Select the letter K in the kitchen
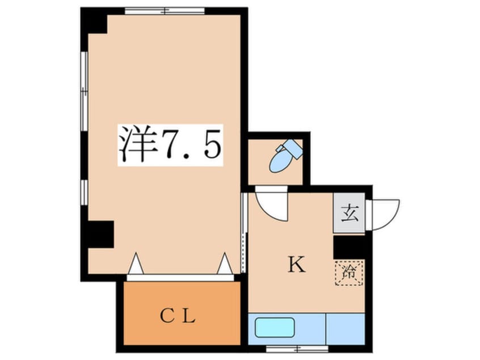coord(295,265)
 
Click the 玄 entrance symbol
coord(349,215)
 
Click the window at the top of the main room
coord(165,10)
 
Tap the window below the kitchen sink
coord(297,348)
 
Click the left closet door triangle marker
coord(136,263)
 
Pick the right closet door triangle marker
coord(225,263)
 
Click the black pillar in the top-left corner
coord(94,22)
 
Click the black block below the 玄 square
coord(348,247)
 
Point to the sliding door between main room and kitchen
coord(244,233)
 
